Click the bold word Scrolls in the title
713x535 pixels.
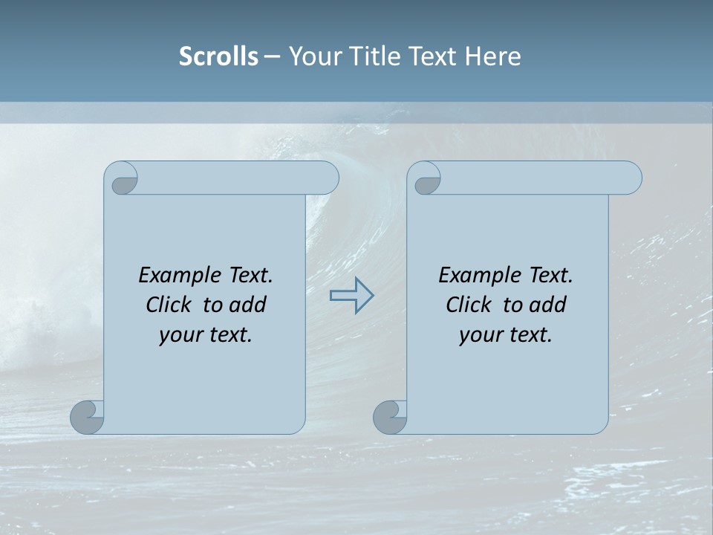pos(218,56)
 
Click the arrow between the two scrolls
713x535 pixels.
pos(351,295)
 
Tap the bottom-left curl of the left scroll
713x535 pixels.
pos(88,417)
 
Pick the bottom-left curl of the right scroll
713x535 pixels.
pos(390,417)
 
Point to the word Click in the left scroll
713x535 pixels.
pos(169,305)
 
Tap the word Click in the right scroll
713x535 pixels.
pos(469,305)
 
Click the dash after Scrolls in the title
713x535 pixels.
pos(272,56)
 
